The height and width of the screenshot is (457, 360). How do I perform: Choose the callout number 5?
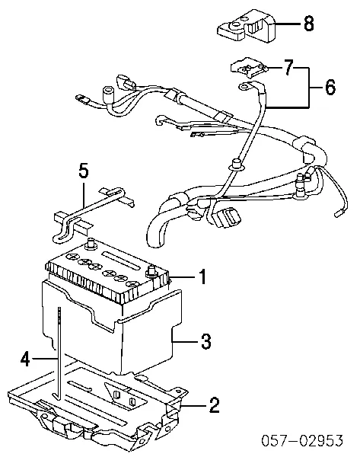click(84, 171)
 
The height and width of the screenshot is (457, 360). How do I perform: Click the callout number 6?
click(329, 88)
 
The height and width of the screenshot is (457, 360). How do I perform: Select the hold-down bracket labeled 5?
click(91, 213)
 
